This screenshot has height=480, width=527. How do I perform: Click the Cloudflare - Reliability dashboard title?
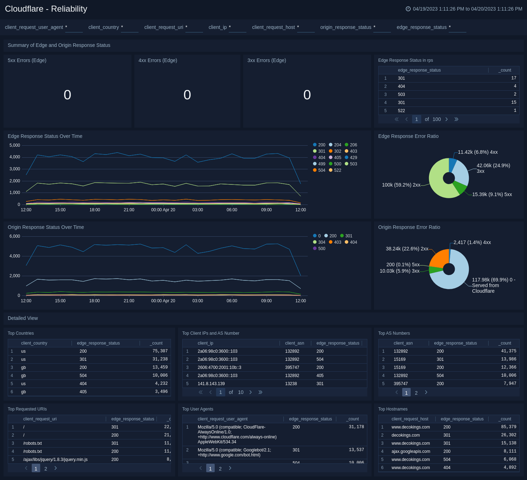pos(46,9)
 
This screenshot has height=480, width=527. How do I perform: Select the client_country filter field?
pos(129,28)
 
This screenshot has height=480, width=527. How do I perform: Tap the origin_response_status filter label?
pos(345,27)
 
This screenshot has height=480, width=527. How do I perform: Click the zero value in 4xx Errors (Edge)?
pos(187,95)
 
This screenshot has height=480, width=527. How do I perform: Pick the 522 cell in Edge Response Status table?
pos(402,111)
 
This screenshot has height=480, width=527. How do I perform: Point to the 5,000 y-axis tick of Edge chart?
pos(15,145)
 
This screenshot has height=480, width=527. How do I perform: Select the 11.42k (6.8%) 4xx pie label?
pos(478,152)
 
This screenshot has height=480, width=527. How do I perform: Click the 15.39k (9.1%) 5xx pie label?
pos(492,194)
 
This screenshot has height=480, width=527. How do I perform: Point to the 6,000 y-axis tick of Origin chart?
pos(15,236)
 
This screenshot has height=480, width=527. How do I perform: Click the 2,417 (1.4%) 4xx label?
pos(472,242)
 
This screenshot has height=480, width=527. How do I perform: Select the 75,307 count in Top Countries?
pos(160,351)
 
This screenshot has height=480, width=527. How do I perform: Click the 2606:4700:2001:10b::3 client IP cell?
pos(219,367)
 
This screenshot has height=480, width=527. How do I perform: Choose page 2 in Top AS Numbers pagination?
pos(416,393)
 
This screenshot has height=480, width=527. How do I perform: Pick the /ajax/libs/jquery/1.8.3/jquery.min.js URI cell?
pos(55,460)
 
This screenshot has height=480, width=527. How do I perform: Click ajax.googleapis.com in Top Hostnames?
pos(411,451)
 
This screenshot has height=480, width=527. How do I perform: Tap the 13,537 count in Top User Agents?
pos(356,450)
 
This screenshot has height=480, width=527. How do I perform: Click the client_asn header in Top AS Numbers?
pos(403,343)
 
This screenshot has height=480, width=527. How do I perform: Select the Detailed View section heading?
pos(23,318)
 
